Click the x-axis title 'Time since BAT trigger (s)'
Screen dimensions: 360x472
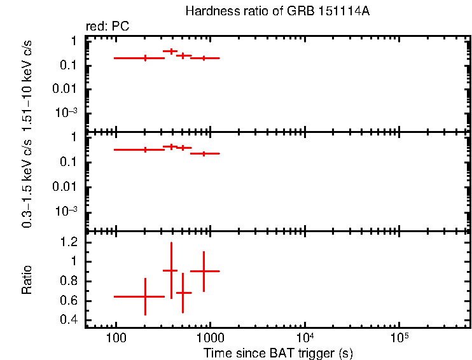click(x=278, y=352)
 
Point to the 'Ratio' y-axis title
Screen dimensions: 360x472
click(x=27, y=280)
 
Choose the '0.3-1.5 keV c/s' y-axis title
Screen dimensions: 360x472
click(x=27, y=183)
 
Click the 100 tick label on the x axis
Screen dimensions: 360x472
click(x=116, y=337)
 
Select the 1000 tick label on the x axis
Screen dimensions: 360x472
click(x=210, y=337)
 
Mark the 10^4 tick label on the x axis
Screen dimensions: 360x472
click(x=304, y=336)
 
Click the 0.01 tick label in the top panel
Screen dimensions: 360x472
click(x=67, y=89)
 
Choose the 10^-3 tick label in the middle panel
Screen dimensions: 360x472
click(x=67, y=212)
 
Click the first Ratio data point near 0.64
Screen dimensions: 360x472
click(x=145, y=296)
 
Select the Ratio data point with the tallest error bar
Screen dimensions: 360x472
click(x=170, y=270)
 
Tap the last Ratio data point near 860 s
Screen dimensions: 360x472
click(x=204, y=271)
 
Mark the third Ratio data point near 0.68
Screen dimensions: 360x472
click(x=183, y=293)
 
